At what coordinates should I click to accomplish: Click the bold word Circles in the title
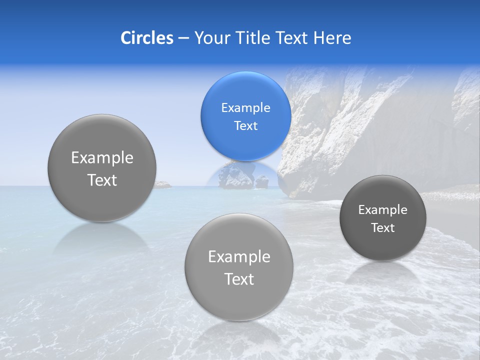pyautogui.click(x=146, y=38)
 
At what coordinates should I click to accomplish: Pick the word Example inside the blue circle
pyautogui.click(x=245, y=108)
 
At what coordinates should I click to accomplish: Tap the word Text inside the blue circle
pyautogui.click(x=245, y=125)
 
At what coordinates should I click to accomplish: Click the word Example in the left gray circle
pyautogui.click(x=102, y=158)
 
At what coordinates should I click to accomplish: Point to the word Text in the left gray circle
pyautogui.click(x=102, y=180)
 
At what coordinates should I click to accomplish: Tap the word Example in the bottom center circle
pyautogui.click(x=239, y=257)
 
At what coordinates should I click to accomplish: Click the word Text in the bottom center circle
pyautogui.click(x=239, y=279)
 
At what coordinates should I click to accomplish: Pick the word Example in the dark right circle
pyautogui.click(x=383, y=210)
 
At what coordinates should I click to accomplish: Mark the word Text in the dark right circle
pyautogui.click(x=383, y=228)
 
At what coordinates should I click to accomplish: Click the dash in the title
pyautogui.click(x=183, y=38)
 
